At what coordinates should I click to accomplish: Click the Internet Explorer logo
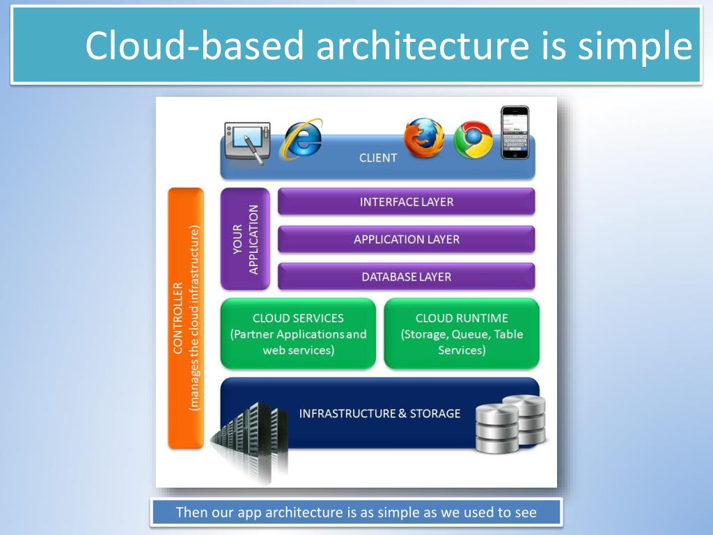[x=301, y=138]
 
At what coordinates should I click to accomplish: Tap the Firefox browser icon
[x=424, y=137]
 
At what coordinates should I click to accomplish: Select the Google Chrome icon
[x=473, y=139]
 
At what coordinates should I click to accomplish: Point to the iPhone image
[x=515, y=132]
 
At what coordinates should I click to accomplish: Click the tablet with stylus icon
[x=246, y=142]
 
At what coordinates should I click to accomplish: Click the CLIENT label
[x=378, y=158]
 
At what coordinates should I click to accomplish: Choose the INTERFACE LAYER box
[x=406, y=202]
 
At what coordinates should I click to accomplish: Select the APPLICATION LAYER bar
[x=406, y=240]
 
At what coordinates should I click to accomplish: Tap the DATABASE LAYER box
[x=406, y=277]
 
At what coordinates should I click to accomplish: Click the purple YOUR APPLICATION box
[x=245, y=239]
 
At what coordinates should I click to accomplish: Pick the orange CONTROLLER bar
[x=186, y=318]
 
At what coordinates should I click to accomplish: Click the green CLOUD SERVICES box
[x=298, y=334]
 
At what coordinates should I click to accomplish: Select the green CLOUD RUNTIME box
[x=462, y=334]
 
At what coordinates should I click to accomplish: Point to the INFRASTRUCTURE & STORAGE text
[x=379, y=414]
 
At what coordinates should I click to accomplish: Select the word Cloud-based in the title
[x=195, y=46]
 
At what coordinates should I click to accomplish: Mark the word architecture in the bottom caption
[x=308, y=513]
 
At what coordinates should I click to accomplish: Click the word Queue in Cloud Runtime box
[x=470, y=334]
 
